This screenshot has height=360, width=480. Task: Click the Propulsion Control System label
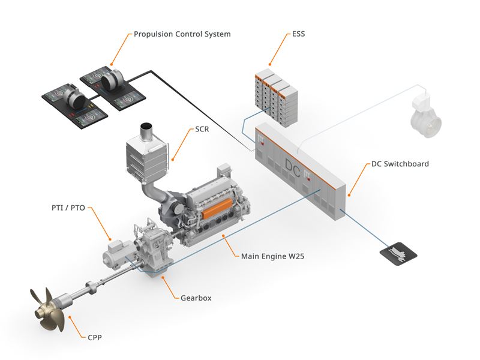[182, 34]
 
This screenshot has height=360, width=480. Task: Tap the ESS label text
[298, 34]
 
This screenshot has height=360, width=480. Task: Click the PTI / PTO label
[68, 208]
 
